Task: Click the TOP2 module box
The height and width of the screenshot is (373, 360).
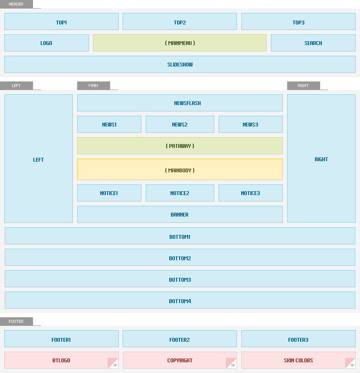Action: (180, 21)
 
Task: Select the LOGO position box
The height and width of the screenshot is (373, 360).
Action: (47, 43)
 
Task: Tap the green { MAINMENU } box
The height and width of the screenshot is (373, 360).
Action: (180, 43)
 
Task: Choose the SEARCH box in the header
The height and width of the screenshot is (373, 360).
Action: (313, 43)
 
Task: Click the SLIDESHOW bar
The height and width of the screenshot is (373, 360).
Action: (180, 64)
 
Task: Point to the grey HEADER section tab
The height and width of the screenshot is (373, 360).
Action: (16, 4)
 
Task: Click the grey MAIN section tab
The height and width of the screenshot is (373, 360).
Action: (93, 86)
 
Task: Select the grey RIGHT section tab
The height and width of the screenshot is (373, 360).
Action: (303, 86)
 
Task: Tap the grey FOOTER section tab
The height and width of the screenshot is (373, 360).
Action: (16, 322)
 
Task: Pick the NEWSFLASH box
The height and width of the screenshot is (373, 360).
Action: (180, 103)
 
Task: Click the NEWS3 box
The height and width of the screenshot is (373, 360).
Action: (251, 124)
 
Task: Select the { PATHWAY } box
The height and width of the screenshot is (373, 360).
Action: (180, 146)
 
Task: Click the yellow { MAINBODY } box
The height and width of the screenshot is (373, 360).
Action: (180, 169)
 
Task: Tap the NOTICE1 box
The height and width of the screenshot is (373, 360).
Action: (109, 193)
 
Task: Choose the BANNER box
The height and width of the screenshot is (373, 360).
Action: (180, 214)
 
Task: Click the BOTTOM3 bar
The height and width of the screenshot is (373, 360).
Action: (180, 279)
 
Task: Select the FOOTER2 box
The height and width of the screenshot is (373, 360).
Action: (180, 339)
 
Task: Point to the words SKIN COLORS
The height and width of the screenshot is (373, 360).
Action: (298, 361)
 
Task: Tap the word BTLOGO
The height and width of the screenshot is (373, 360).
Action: (61, 361)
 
